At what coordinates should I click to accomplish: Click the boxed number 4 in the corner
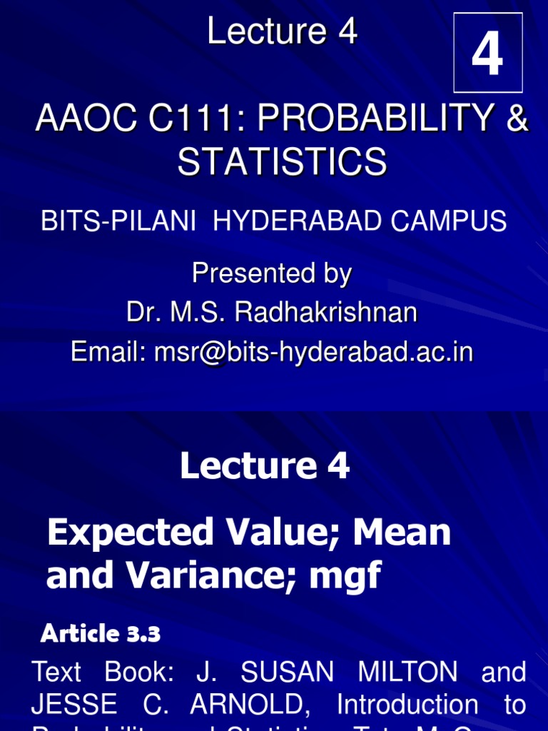(x=488, y=53)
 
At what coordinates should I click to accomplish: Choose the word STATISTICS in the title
(x=282, y=162)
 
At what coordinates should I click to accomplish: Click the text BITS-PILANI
(x=118, y=221)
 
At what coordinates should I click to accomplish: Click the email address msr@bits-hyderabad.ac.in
(x=313, y=352)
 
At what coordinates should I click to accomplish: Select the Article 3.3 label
(x=100, y=633)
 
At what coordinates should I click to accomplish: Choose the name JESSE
(x=73, y=705)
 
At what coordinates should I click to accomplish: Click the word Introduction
(x=407, y=705)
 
